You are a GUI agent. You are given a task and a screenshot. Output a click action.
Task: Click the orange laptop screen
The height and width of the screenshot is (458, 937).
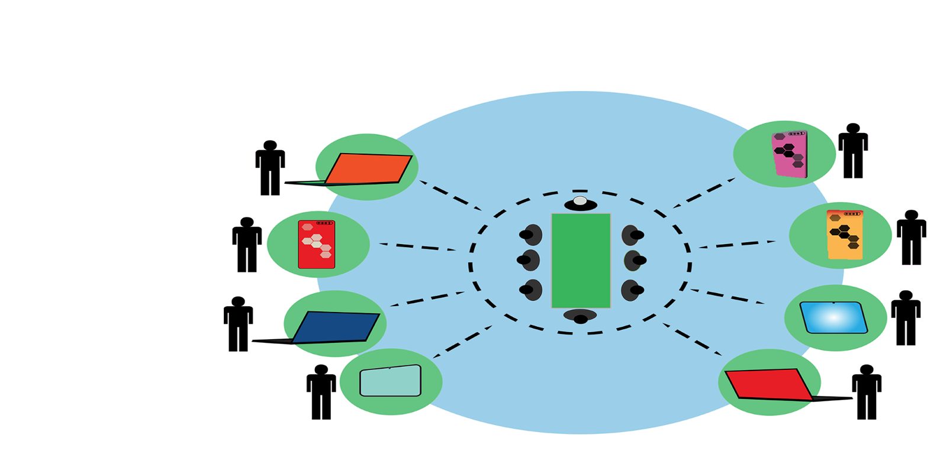coord(368,169)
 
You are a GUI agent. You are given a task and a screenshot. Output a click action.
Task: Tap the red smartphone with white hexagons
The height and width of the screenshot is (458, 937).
coord(317,245)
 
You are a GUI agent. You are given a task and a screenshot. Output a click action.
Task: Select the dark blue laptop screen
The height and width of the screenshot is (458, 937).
coord(336,327)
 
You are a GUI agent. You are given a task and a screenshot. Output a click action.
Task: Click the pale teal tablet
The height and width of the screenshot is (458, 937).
coord(391,381)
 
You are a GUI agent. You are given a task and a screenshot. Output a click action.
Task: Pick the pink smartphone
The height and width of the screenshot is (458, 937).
coord(790,154)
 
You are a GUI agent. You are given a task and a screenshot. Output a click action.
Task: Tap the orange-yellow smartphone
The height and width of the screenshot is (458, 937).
coord(845,235)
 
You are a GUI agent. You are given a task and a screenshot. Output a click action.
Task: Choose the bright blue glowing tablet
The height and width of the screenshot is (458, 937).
coord(833,318)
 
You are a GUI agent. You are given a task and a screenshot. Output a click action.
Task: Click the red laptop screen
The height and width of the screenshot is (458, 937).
coord(768,384)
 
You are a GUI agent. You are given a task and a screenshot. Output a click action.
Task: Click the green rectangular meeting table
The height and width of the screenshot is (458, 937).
coord(581,261)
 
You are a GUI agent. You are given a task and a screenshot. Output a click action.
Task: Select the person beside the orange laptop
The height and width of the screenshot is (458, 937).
coord(270,168)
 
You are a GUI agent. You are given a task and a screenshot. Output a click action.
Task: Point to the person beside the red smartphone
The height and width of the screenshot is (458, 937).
coord(247,245)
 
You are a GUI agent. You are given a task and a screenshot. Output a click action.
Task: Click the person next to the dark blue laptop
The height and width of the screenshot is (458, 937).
coord(238,324)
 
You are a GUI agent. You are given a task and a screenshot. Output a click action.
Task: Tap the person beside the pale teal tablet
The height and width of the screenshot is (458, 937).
coord(321,392)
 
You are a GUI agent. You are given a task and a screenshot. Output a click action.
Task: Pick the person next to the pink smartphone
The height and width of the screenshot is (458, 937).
coord(853,151)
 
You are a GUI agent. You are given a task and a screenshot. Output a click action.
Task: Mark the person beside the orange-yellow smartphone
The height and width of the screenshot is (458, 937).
coord(911,238)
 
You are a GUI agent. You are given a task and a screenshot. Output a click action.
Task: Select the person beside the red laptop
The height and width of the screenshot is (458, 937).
coord(867,392)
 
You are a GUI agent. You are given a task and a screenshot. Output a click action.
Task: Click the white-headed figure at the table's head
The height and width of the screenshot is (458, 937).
coord(580,203)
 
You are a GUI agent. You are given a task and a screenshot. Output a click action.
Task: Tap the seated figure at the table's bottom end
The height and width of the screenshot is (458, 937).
coord(580,317)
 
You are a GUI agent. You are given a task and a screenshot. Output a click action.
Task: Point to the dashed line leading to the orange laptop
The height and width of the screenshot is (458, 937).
coord(450,196)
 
